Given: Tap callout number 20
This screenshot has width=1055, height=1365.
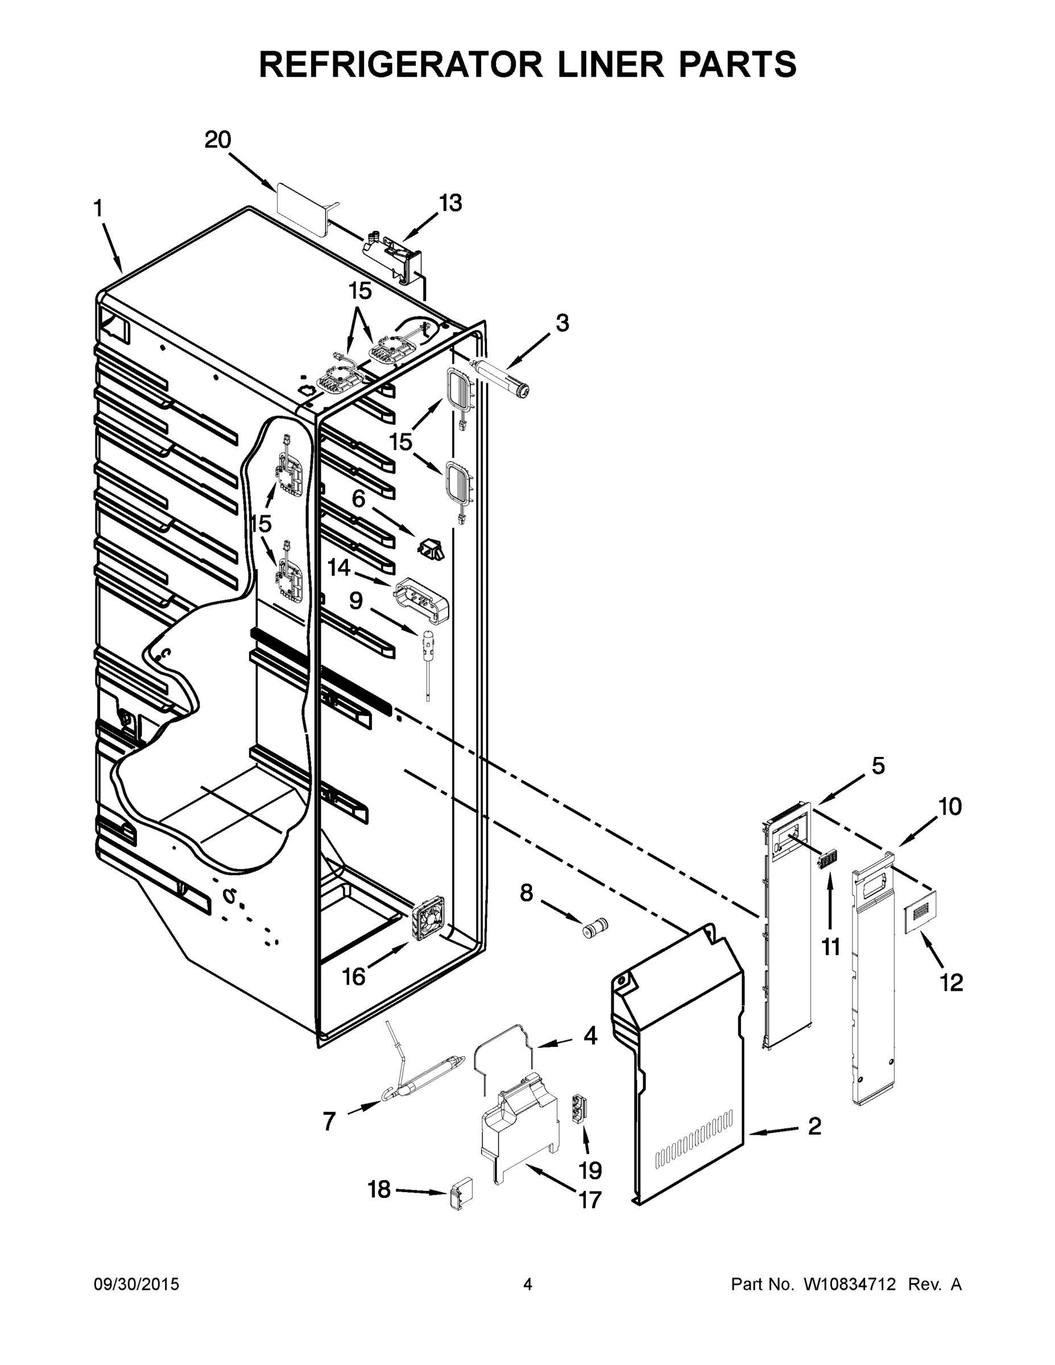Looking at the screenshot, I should point(217,139).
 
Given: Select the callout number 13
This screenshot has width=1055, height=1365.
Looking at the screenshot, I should point(450,203).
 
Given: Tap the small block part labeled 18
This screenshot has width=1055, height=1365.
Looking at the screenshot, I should point(461,1195).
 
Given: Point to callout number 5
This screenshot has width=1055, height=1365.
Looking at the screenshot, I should point(878,766).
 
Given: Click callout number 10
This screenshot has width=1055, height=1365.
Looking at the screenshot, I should point(949,807).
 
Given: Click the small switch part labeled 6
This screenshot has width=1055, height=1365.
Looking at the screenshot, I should point(431,549).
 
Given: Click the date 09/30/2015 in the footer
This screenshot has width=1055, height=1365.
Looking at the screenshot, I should point(136,1284).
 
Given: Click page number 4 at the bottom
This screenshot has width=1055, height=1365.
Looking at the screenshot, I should point(528,1284).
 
